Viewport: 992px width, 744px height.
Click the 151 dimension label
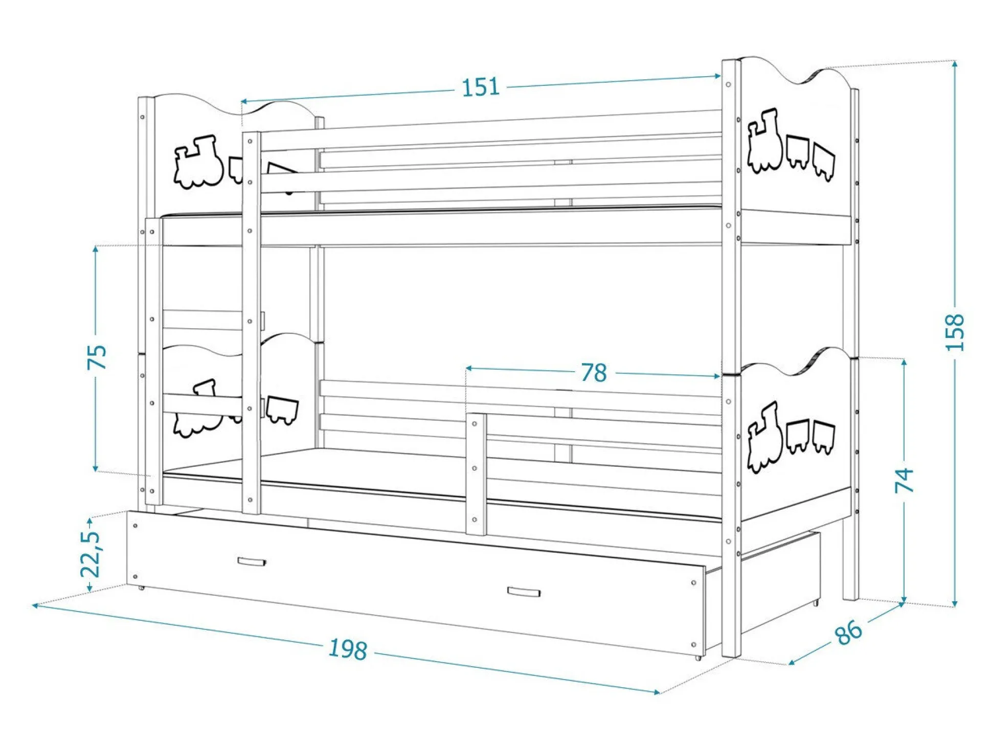480,87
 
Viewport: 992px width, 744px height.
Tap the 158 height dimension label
954,332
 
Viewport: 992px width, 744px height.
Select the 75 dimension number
97,357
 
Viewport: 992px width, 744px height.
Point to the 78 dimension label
594,373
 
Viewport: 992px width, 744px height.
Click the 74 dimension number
904,480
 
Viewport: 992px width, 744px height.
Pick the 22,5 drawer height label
90,554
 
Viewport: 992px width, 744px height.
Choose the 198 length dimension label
348,649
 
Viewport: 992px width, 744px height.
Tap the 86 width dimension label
848,633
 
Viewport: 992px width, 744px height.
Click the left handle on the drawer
252,562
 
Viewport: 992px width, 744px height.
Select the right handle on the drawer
524,592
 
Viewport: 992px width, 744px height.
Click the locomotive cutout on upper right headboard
765,140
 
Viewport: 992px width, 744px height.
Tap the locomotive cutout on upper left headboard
198,162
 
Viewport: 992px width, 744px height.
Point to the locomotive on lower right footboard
765,437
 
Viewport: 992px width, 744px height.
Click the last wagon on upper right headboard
823,161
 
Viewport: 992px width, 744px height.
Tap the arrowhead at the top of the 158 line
954,63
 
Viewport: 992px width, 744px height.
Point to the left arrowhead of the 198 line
35,605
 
